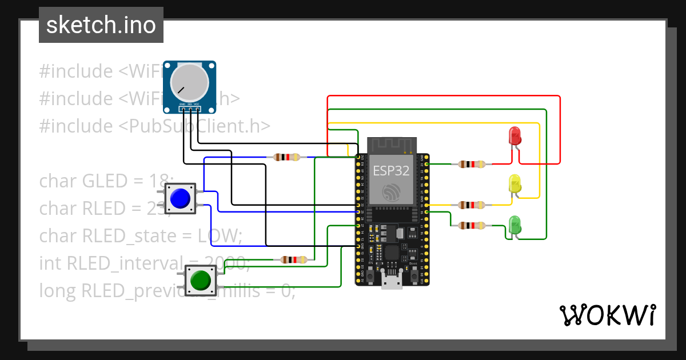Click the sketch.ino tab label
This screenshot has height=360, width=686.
pyautogui.click(x=101, y=25)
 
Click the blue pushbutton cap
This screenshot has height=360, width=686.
pyautogui.click(x=180, y=198)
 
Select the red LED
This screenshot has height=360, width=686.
pyautogui.click(x=514, y=137)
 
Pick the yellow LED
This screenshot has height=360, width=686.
pyautogui.click(x=514, y=184)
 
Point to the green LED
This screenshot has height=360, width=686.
pyautogui.click(x=514, y=225)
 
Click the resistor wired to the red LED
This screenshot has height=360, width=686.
pyautogui.click(x=472, y=165)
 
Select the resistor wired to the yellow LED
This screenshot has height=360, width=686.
pyautogui.click(x=472, y=205)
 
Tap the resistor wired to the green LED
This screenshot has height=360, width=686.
pyautogui.click(x=472, y=226)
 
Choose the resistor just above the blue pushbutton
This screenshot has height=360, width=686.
pyautogui.click(x=286, y=157)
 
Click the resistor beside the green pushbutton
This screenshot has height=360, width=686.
pyautogui.click(x=294, y=259)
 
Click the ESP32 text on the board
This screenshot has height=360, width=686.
pyautogui.click(x=392, y=170)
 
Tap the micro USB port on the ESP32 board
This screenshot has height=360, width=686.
pyautogui.click(x=392, y=281)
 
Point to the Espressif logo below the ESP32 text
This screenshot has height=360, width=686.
pyautogui.click(x=392, y=192)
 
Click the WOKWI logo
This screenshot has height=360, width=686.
pyautogui.click(x=607, y=315)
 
